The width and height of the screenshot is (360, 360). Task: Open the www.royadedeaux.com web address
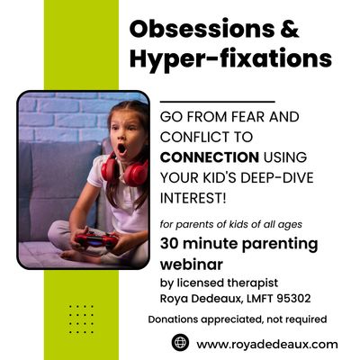(x=267, y=343)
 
